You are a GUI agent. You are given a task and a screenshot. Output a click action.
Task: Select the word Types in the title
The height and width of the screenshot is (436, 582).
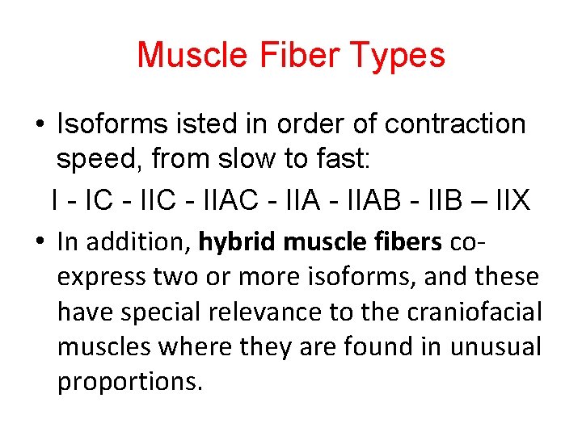401,56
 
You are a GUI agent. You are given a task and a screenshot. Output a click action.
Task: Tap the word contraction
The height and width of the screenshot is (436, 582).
455,124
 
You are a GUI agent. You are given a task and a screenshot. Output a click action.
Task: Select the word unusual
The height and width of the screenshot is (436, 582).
496,346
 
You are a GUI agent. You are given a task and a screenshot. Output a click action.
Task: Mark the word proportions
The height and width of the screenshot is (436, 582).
128,381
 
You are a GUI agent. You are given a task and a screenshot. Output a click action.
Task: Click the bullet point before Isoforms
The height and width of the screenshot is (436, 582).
39,125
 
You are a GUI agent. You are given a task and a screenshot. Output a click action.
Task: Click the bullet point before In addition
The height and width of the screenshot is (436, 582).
39,242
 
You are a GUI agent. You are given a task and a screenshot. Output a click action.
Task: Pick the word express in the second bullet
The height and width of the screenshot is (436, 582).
101,277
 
